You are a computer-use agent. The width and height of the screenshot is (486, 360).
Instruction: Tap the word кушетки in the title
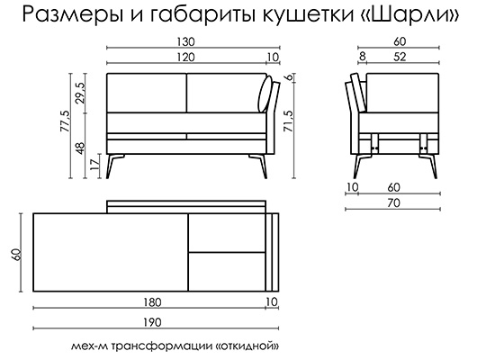pos(308,15)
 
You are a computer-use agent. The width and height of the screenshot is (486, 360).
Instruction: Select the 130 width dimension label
pos(185,42)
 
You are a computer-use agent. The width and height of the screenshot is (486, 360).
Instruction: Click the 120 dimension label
pos(185,58)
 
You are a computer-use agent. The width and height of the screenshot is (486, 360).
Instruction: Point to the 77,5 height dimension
pos(66,121)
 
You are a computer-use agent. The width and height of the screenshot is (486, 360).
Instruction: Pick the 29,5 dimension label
pos(80,93)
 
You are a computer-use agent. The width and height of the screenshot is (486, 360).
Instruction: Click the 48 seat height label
pos(80,148)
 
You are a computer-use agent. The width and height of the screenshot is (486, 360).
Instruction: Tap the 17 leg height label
pos(95,163)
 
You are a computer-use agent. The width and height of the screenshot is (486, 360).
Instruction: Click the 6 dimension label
pos(289,77)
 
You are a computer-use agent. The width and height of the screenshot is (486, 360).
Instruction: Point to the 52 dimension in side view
pos(400,57)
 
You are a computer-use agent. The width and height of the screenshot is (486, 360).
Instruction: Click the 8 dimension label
pos(363,57)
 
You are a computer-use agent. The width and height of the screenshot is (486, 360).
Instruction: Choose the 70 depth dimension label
pos(393,203)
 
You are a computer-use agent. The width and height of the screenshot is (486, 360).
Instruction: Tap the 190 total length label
pos(152,322)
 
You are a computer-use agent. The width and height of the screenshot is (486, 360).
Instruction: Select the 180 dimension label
pos(152,302)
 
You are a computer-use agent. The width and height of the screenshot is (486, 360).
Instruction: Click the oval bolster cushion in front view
pos(265,94)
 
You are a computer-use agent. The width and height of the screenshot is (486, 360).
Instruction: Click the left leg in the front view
pos(113,166)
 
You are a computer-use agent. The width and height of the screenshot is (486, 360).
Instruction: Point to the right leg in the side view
pos(429,166)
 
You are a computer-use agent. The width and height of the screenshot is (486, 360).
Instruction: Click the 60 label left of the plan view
pos(17,255)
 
